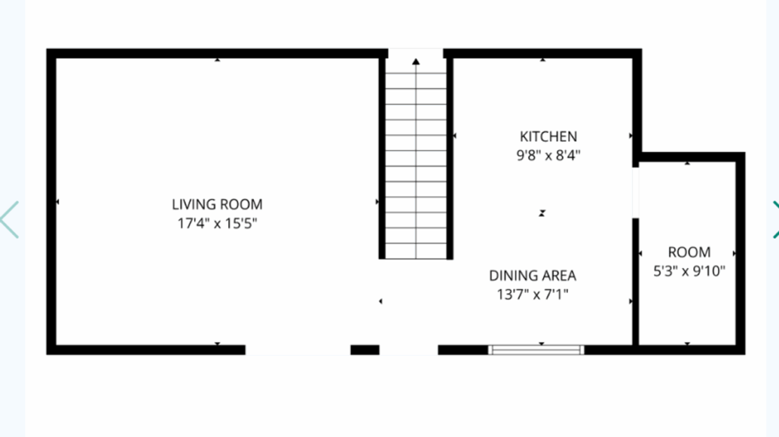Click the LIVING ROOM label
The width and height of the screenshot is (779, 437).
click(217, 204)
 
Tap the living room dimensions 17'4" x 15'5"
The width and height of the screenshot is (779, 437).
click(217, 224)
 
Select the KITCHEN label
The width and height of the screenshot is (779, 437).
click(547, 136)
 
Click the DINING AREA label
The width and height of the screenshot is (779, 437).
click(533, 276)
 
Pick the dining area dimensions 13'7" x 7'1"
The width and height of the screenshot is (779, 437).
click(533, 295)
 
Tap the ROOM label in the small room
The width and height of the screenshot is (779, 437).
click(688, 252)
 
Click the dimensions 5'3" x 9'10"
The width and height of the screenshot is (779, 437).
click(688, 271)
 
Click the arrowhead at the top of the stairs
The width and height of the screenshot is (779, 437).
click(416, 62)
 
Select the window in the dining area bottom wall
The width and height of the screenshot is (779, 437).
click(536, 349)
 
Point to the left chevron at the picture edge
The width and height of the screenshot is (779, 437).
click(9, 220)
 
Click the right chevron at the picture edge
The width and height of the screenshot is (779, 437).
click(775, 220)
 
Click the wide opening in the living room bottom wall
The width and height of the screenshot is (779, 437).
click(298, 349)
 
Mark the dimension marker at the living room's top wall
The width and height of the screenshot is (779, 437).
click(218, 60)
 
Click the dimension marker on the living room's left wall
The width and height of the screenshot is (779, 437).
click(58, 202)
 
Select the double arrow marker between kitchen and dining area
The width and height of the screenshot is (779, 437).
click(542, 213)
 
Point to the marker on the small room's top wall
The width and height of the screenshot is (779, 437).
click(687, 163)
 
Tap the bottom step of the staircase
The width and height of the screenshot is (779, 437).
click(416, 250)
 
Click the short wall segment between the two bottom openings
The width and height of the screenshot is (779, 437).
click(364, 349)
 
